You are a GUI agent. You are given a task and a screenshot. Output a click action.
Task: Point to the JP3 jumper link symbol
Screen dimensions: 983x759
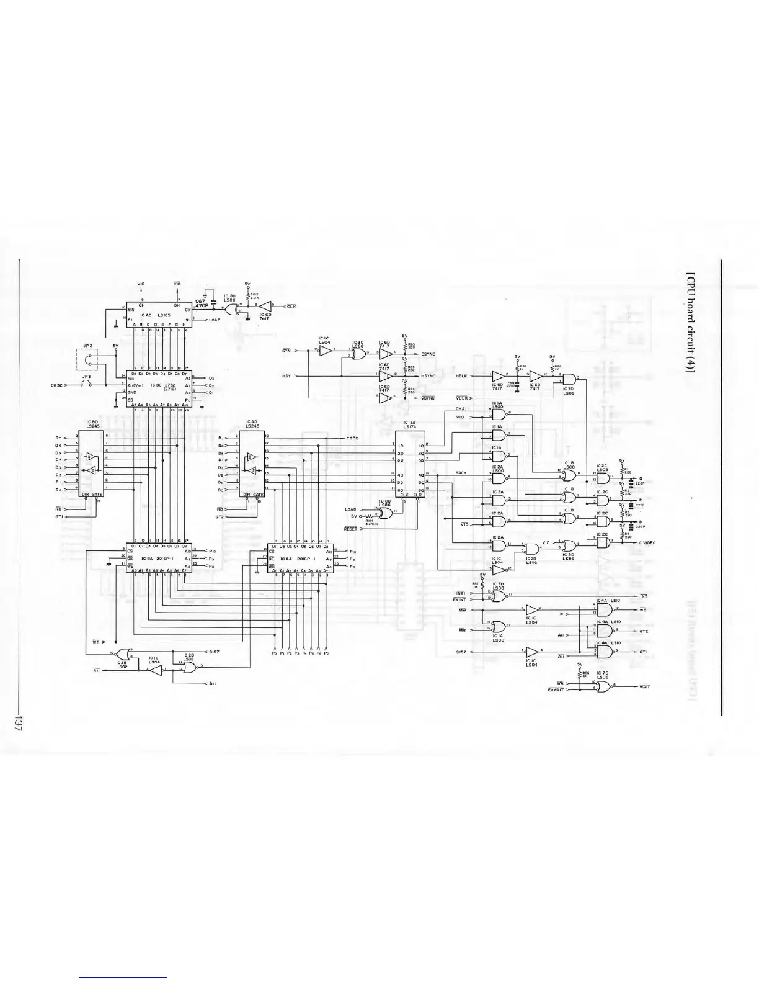[87, 385]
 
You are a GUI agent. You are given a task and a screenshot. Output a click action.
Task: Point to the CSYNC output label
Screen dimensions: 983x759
[428, 354]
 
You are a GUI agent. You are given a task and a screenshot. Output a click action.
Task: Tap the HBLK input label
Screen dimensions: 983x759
[461, 376]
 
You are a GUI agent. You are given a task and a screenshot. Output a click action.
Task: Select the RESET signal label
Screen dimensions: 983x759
[351, 529]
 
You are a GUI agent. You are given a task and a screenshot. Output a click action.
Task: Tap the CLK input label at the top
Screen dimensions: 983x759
[290, 307]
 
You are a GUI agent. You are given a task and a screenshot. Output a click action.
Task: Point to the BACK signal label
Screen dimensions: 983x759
[461, 473]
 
